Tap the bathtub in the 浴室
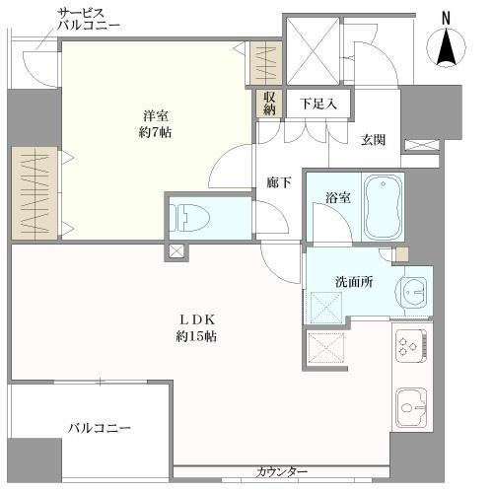(383, 208)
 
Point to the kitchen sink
(411, 408)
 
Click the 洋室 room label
(156, 116)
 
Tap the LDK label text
(197, 318)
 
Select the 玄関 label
(374, 140)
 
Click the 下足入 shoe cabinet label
(318, 105)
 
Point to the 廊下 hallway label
(279, 182)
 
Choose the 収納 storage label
(269, 103)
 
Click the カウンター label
(282, 472)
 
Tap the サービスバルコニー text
(89, 19)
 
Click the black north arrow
(446, 46)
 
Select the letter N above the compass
(446, 18)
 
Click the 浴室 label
(338, 198)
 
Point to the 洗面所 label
(354, 282)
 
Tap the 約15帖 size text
(196, 336)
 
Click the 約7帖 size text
(155, 133)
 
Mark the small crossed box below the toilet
(176, 251)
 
